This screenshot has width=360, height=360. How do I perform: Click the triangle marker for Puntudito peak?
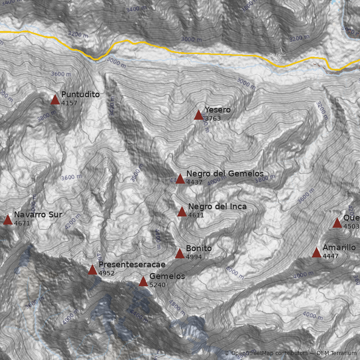(x=55, y=100)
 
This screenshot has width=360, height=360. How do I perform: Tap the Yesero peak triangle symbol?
(x=198, y=115)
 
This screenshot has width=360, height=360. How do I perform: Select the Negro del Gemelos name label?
(x=225, y=174)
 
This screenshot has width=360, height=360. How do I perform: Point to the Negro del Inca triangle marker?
(x=182, y=212)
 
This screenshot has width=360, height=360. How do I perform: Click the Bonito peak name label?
(x=198, y=248)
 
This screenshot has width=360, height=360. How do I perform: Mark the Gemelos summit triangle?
(x=143, y=282)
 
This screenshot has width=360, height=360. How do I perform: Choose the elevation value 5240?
(x=157, y=285)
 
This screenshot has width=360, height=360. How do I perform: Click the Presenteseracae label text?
(x=132, y=264)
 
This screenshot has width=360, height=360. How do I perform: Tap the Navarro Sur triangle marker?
(x=8, y=220)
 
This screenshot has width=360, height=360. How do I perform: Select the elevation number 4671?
(x=22, y=223)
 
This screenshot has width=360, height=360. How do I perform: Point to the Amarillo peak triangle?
(x=316, y=253)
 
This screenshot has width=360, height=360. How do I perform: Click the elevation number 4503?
(x=351, y=226)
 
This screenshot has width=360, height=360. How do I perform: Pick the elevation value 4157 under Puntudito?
(x=69, y=103)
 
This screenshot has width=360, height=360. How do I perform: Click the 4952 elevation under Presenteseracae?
(x=107, y=273)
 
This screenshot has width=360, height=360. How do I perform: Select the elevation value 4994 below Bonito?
(x=194, y=257)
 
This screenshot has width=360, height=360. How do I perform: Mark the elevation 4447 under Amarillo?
(x=331, y=256)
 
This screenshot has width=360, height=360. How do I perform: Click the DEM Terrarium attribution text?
(x=336, y=353)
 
